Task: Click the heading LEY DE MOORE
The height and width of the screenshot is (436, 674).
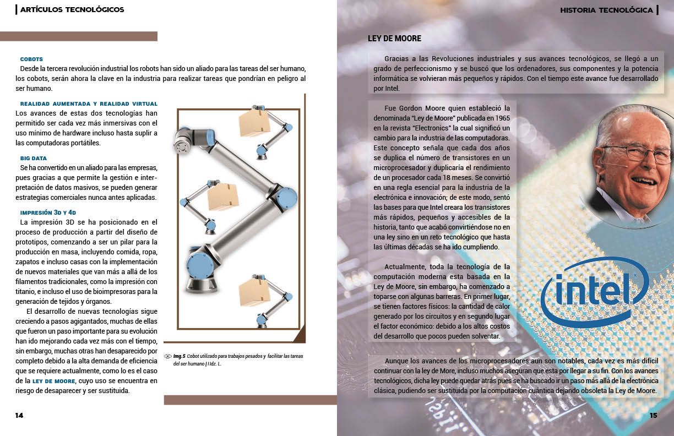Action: point(394,39)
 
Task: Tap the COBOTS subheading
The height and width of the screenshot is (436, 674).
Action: point(31,59)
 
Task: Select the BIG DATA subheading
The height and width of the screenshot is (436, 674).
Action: point(34,159)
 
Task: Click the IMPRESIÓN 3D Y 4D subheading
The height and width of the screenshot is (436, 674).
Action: point(48,212)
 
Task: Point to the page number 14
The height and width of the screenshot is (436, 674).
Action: point(19,416)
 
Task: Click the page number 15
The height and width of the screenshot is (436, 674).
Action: point(653,416)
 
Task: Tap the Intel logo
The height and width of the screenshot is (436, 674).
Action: point(594,292)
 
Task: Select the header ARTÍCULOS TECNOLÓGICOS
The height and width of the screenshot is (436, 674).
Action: point(72,9)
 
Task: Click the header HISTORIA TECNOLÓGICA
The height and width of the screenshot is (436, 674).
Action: point(606,10)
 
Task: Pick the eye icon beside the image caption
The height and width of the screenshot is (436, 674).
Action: point(167,356)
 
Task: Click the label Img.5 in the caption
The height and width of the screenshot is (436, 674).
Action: point(180,356)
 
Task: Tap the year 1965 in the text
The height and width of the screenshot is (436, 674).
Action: point(503,118)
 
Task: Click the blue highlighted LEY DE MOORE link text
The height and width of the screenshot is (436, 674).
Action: point(54,381)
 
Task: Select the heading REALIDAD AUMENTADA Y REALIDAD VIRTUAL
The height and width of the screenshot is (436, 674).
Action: point(89,104)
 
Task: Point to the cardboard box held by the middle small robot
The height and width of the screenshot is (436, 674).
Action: point(223,197)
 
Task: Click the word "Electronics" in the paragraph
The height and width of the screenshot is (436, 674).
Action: point(432,128)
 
